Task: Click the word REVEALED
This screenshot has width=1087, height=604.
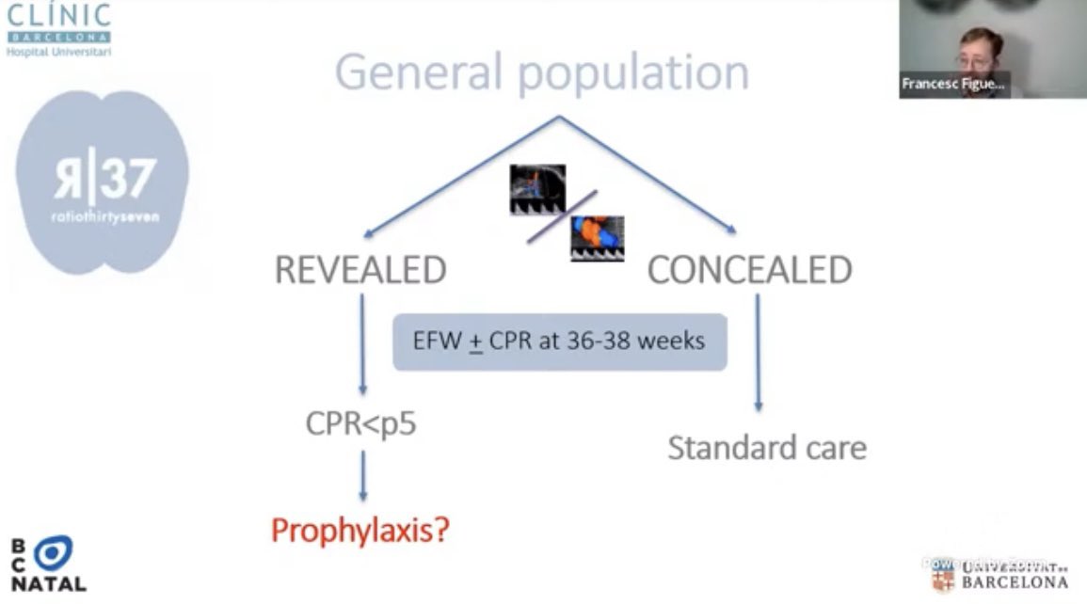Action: [360, 271]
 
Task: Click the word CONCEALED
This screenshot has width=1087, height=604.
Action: [749, 271]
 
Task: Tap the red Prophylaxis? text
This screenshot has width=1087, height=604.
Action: [360, 531]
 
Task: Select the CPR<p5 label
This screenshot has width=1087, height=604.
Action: [360, 424]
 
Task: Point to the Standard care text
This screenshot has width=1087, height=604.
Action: [767, 448]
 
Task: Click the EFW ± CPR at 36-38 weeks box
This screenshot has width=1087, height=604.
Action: [559, 342]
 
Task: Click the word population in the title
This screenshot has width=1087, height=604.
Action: [629, 74]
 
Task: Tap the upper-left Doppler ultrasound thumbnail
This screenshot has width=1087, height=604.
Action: [537, 190]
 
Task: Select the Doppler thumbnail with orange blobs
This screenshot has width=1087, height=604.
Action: [597, 238]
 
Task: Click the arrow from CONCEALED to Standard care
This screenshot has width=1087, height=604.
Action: [758, 352]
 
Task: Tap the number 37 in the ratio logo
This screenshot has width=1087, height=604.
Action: [127, 178]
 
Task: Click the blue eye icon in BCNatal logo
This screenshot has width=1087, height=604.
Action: [53, 554]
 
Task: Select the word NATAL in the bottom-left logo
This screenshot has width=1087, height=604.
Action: [49, 584]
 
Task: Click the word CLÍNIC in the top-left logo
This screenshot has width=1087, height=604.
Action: [58, 16]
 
